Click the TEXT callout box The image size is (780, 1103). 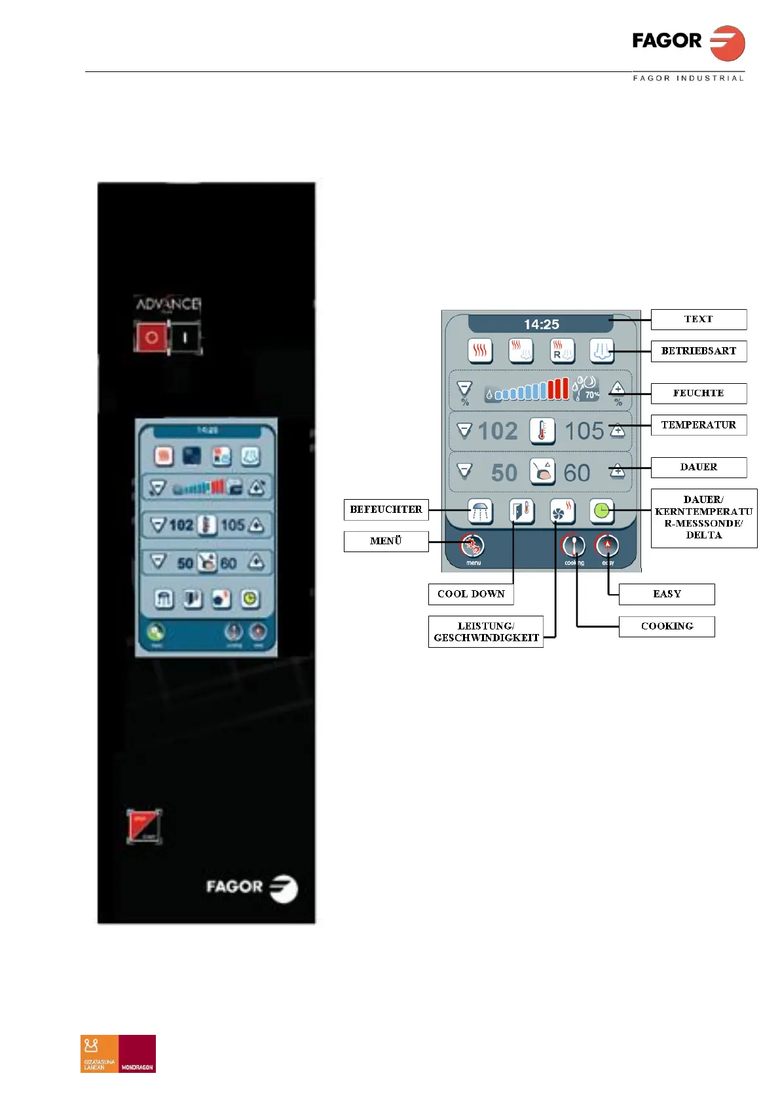point(698,320)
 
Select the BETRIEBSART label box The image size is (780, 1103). point(698,351)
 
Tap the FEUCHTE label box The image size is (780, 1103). point(698,393)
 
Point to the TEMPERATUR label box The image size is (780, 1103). point(698,425)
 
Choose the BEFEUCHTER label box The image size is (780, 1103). point(386,510)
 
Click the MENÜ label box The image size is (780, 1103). point(386,541)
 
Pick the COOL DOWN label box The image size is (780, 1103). point(471,594)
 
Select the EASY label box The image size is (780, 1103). point(667,594)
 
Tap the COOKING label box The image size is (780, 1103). point(667,626)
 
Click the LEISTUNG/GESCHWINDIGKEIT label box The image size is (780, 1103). point(486,632)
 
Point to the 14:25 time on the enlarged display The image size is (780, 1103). point(542,324)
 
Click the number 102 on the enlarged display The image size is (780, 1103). point(498,431)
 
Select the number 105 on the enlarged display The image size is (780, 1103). point(584,431)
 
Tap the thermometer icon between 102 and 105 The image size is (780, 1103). point(542,431)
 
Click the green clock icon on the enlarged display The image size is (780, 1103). point(602,511)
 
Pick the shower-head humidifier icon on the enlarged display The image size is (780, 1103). point(480,511)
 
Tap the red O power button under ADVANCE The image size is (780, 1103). point(151,338)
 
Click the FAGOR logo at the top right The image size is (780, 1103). point(688,43)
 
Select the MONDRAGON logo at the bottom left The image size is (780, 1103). point(137,1053)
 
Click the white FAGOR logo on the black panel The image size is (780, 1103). point(251,888)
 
